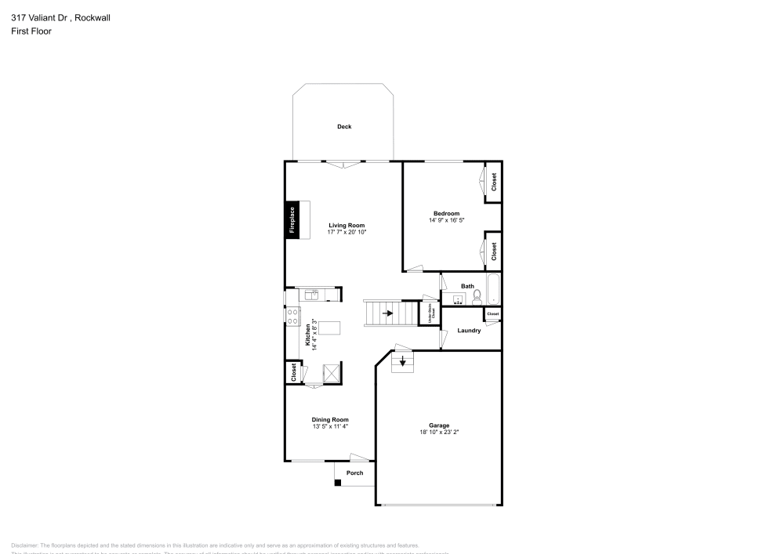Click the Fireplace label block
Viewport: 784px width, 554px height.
(291, 220)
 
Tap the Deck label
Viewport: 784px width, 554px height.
(344, 126)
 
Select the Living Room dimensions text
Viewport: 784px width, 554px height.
(347, 233)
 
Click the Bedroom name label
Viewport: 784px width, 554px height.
(446, 213)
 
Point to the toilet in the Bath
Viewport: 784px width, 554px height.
(477, 297)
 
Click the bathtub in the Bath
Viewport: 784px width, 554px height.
(493, 290)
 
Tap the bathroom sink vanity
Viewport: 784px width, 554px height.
(456, 299)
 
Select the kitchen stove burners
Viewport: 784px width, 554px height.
(292, 317)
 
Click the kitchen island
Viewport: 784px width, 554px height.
(329, 328)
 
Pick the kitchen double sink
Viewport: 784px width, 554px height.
(312, 295)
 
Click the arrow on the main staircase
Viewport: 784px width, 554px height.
(388, 313)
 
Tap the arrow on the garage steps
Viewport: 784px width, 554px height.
(403, 361)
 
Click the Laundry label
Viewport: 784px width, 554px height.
(469, 331)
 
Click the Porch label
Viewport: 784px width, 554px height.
(355, 473)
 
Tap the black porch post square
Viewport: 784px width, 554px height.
(338, 483)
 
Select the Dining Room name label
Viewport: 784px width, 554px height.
(330, 419)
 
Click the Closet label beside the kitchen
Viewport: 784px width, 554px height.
(293, 372)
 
